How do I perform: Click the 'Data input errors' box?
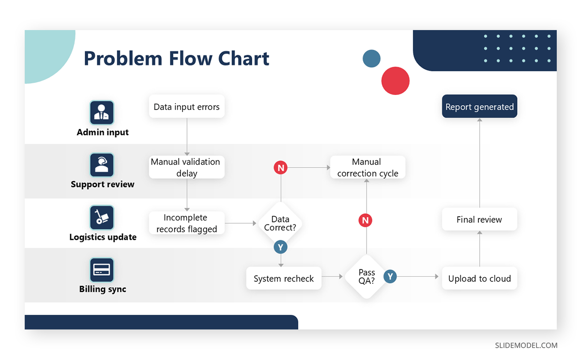click(186, 107)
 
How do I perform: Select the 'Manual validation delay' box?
click(186, 167)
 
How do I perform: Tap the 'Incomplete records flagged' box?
click(186, 223)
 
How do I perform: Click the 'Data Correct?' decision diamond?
click(280, 223)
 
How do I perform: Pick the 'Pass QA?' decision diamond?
click(367, 276)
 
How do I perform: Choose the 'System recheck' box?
click(284, 279)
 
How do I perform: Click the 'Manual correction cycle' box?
click(367, 167)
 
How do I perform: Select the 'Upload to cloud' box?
click(479, 278)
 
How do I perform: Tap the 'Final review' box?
click(479, 219)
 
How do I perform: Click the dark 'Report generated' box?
click(479, 107)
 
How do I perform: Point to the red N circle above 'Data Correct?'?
click(280, 168)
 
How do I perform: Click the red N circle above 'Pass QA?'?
click(366, 220)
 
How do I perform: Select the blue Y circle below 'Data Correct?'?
click(280, 247)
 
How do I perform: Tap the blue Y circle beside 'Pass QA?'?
click(390, 277)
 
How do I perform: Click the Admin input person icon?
click(102, 112)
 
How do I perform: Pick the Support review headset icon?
click(102, 165)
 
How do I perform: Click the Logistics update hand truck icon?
click(102, 218)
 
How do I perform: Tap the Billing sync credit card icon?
click(102, 270)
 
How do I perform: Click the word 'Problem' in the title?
click(123, 59)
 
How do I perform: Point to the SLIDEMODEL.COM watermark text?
click(526, 345)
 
